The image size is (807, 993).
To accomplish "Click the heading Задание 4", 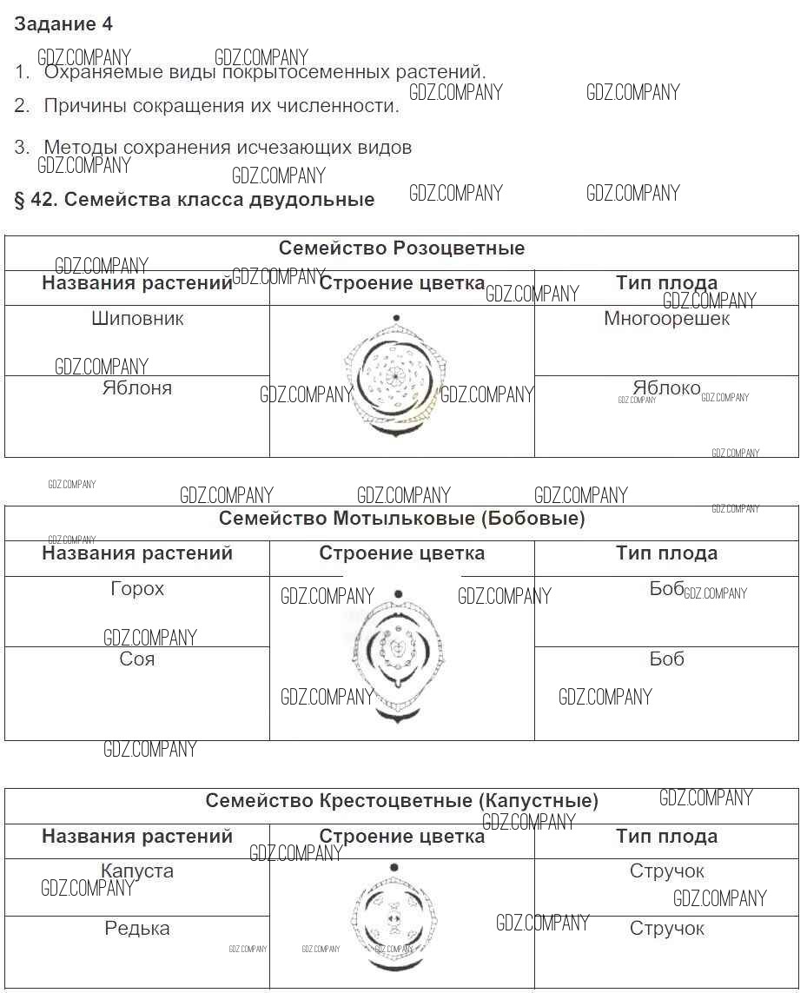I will (x=63, y=24).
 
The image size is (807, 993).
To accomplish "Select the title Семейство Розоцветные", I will (x=401, y=248).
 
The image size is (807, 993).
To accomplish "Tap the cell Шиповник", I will (x=137, y=319).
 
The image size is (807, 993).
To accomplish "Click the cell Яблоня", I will (x=137, y=388).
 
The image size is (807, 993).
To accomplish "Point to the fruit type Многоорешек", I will (x=666, y=319).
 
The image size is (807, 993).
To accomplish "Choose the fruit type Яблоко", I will (x=666, y=388).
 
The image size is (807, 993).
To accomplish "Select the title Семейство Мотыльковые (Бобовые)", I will (x=401, y=519).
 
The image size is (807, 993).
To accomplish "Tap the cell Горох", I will (x=137, y=589).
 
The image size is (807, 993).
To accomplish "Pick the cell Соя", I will (x=137, y=659).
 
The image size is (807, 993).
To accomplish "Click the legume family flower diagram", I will (x=398, y=656).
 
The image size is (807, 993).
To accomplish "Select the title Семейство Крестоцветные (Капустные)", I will (x=401, y=801).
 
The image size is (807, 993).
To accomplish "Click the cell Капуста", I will (x=137, y=871).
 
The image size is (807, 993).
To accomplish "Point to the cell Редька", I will (x=137, y=929).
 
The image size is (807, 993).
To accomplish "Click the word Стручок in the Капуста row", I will (x=666, y=871).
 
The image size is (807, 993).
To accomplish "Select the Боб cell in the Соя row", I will (x=666, y=659).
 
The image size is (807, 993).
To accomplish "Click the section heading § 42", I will (x=195, y=200).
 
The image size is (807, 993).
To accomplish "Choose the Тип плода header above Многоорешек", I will (x=666, y=283).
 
